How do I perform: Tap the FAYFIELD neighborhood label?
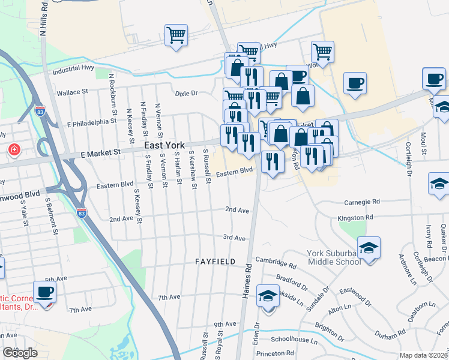[x=215, y=262]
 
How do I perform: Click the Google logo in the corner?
[x=19, y=353]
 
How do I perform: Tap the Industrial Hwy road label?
[x=74, y=70]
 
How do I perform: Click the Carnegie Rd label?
[x=362, y=202]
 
